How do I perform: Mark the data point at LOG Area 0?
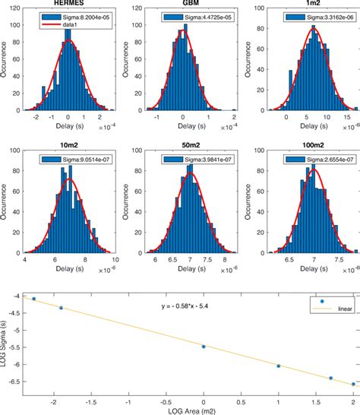204,346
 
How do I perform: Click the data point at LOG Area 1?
279,366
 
